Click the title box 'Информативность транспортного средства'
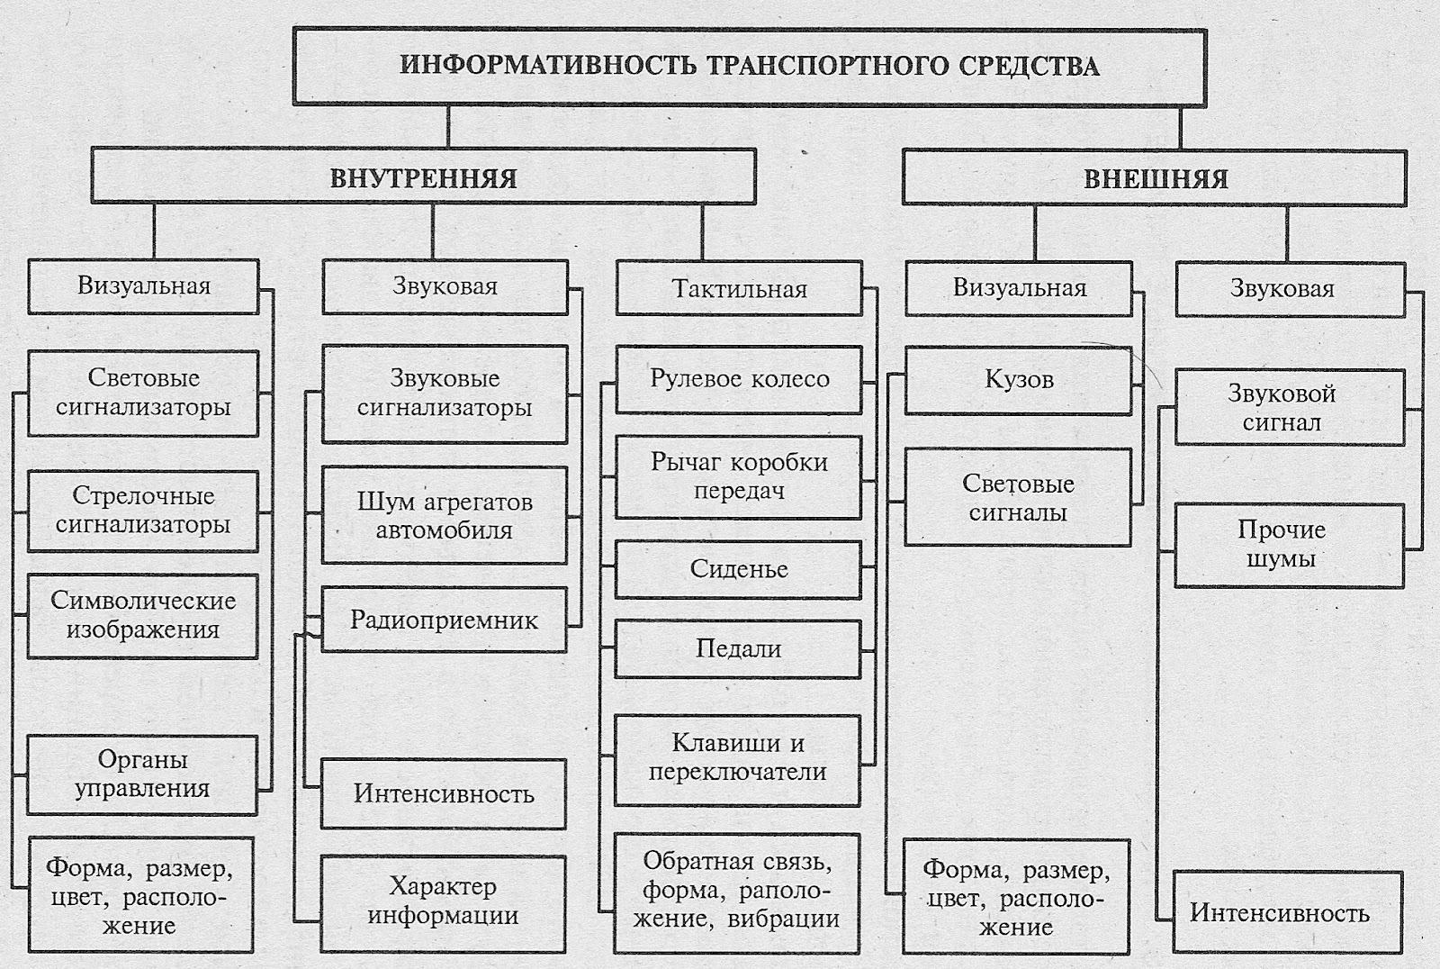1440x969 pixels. (749, 66)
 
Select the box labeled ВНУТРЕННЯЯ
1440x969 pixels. (423, 177)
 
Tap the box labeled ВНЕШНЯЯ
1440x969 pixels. (1155, 177)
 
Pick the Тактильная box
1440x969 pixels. (739, 289)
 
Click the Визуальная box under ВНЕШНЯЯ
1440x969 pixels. (1019, 288)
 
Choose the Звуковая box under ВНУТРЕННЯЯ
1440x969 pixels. (445, 287)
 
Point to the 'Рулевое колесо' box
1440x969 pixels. (739, 379)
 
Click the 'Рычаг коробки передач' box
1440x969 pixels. (739, 476)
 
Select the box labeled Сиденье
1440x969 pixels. (738, 569)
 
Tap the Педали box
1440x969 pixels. (738, 648)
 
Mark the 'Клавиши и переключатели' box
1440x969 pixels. (738, 758)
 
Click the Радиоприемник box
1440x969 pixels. (445, 620)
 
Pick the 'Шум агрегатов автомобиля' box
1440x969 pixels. (445, 515)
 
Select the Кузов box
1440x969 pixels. (1019, 380)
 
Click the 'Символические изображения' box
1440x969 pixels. (143, 615)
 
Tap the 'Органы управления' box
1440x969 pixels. (142, 774)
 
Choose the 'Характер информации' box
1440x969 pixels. (444, 901)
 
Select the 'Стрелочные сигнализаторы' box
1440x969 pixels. (143, 511)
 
